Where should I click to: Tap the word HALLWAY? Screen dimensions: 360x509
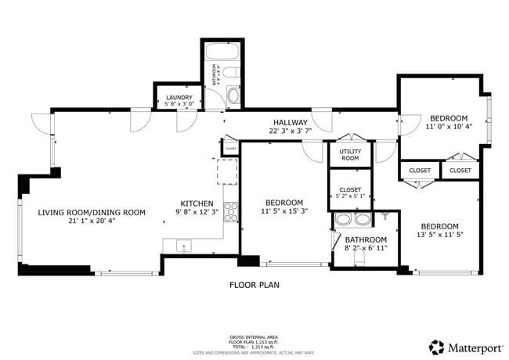pos(290,122)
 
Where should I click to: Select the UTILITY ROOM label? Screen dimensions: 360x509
pos(349,154)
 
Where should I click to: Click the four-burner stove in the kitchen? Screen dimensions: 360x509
pos(232,210)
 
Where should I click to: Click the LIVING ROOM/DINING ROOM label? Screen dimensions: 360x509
pos(92,211)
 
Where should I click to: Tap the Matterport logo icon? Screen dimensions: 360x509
pos(435,346)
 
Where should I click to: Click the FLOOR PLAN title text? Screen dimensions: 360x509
pos(254,285)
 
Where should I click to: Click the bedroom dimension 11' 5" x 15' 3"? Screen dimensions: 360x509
pos(279,211)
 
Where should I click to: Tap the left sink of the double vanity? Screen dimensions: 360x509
pos(341,220)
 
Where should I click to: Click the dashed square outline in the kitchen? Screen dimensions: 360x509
pos(227,170)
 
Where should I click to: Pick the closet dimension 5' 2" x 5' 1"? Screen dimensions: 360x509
pos(350,196)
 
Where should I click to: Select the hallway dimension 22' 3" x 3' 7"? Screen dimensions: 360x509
pos(290,131)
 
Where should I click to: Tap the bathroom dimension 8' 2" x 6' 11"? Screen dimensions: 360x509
pos(366,248)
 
